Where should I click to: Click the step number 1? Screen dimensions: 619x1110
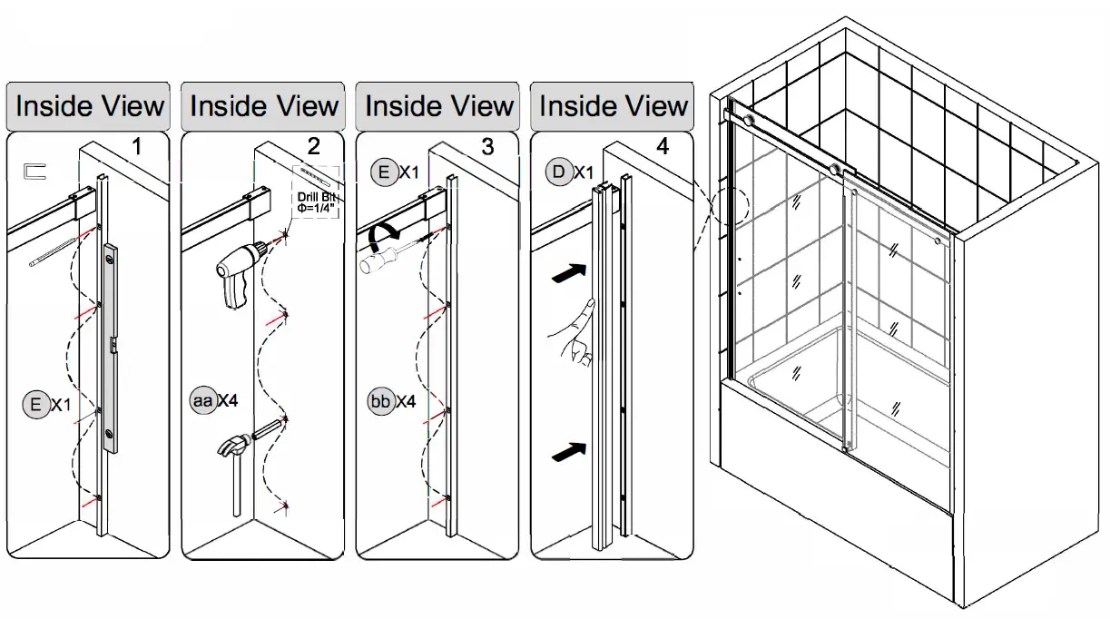(137, 145)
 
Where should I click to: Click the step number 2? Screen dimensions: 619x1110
(313, 145)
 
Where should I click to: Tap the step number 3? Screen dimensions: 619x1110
(487, 145)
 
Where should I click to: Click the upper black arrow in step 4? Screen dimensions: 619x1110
(568, 271)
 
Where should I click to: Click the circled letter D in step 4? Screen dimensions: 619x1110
(558, 172)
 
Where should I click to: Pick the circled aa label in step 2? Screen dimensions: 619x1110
(201, 399)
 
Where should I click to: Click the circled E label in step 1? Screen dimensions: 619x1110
(35, 405)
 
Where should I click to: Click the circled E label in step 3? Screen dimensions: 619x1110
(384, 172)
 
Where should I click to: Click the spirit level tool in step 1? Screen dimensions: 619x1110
(110, 348)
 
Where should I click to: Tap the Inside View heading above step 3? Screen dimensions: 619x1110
(439, 106)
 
